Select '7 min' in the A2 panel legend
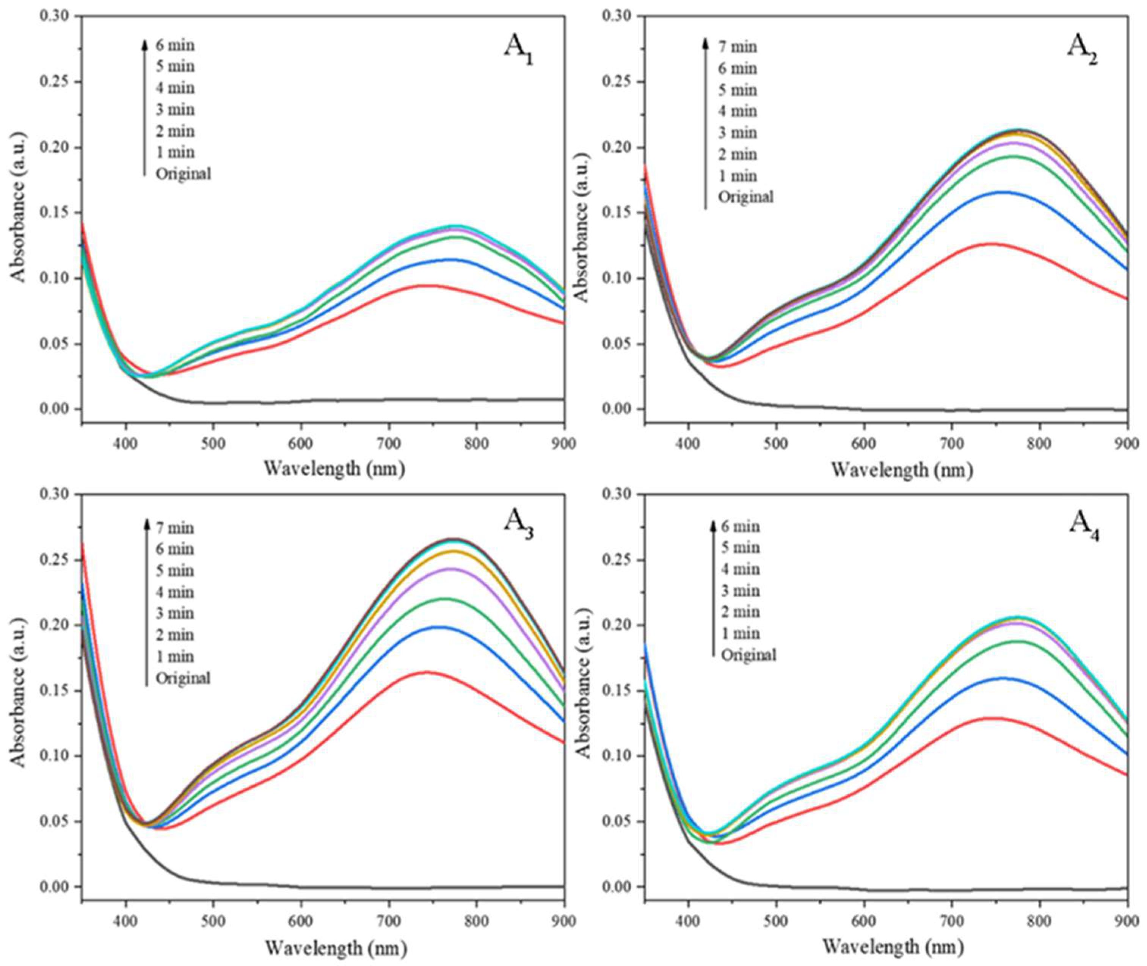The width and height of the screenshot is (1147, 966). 737,47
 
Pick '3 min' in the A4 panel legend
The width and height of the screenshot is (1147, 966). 741,590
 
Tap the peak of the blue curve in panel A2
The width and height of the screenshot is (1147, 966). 1003,192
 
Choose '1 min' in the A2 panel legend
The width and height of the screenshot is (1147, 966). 737,176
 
